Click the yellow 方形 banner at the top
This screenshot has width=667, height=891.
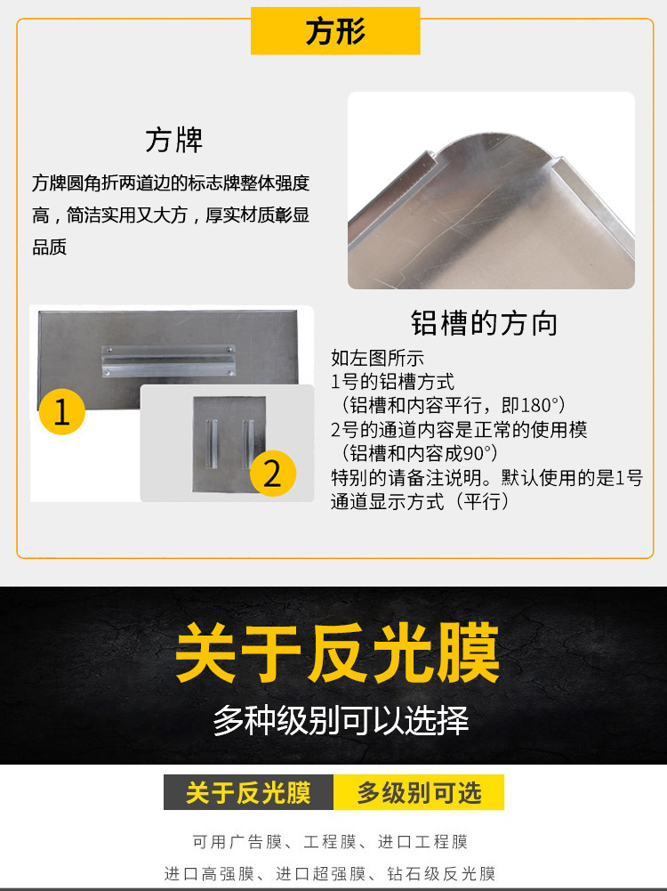coord(335,32)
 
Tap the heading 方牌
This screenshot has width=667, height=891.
coord(174,140)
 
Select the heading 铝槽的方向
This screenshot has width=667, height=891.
coord(484,322)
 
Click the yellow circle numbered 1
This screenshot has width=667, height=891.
coord(61,413)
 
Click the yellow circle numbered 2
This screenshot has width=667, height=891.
coord(272,473)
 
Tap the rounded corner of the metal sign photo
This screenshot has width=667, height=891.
coord(480,142)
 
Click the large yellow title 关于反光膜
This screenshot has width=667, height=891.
coord(337,654)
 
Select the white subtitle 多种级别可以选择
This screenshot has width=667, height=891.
coord(341,720)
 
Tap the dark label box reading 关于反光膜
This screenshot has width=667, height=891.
coord(248,792)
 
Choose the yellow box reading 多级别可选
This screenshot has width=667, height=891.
coord(419,792)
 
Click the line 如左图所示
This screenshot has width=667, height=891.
coord(377,358)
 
